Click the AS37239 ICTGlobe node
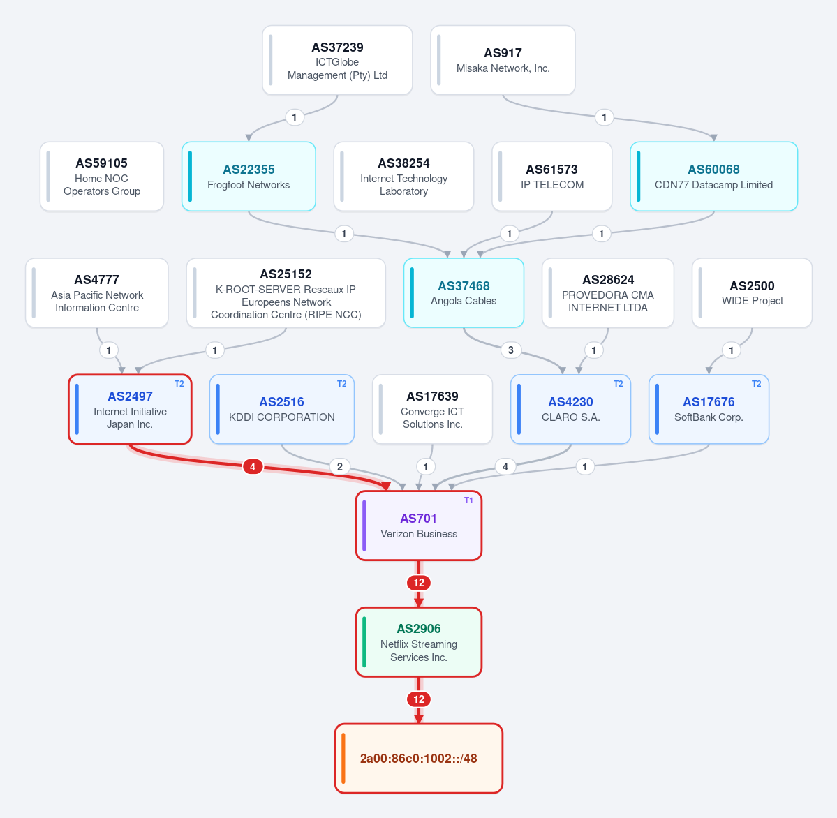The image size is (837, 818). tap(337, 60)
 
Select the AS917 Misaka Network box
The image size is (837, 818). tap(503, 60)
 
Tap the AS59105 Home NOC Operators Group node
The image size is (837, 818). tap(101, 177)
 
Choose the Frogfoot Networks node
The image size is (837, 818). tap(249, 177)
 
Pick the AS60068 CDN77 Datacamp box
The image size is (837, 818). tap(713, 177)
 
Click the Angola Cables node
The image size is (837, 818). tap(464, 293)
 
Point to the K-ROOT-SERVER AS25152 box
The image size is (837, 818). tap(286, 293)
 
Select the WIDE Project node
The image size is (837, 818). tap(752, 293)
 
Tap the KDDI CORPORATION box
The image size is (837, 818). tap(282, 409)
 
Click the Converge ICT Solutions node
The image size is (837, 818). tap(432, 409)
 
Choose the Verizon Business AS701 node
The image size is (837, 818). tap(419, 526)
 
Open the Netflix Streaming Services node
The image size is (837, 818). tap(419, 642)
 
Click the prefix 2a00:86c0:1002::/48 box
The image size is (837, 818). tap(419, 758)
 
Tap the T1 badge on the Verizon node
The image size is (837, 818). tap(468, 500)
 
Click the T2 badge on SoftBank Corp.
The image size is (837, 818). tap(757, 384)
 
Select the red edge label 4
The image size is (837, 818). tap(253, 467)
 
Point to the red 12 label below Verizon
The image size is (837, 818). tap(419, 583)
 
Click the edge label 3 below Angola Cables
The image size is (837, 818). tap(511, 350)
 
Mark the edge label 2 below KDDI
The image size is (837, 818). tap(340, 467)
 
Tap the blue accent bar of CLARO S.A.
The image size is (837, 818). tap(519, 409)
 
